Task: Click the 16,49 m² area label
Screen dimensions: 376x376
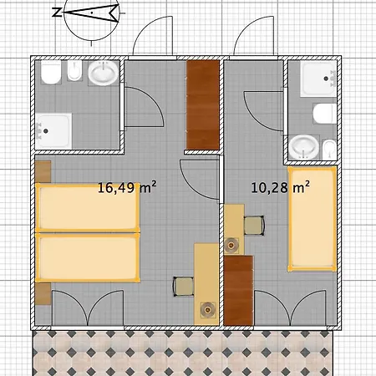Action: (x=127, y=187)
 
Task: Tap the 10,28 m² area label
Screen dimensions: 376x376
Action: (x=281, y=187)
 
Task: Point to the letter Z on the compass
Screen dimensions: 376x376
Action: (x=57, y=13)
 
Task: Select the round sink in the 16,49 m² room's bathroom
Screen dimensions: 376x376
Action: (x=104, y=73)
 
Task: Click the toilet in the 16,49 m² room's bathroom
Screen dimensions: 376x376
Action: (x=51, y=73)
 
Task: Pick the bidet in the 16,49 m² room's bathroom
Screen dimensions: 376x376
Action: (x=74, y=71)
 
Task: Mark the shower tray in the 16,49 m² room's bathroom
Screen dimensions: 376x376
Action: (x=53, y=130)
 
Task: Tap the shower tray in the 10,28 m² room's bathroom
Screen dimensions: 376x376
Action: (x=318, y=79)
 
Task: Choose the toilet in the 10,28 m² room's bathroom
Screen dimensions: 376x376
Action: (x=325, y=114)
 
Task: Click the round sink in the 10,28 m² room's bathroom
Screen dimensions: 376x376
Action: (x=303, y=147)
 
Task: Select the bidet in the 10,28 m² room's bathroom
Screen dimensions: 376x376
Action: (x=329, y=150)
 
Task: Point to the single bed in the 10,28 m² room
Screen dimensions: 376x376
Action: (x=312, y=219)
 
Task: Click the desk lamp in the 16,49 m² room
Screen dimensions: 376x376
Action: (x=207, y=309)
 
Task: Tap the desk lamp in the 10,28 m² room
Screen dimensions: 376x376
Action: (x=231, y=245)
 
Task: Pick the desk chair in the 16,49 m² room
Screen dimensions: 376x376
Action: (x=184, y=287)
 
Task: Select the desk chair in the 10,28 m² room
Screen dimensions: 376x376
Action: (x=254, y=226)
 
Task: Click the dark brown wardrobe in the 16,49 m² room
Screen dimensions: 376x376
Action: (x=202, y=104)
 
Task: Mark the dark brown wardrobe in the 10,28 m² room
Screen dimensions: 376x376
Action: (x=239, y=291)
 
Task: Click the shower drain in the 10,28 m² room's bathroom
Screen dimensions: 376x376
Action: (x=326, y=79)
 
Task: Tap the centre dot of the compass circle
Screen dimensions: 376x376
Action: (x=92, y=13)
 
